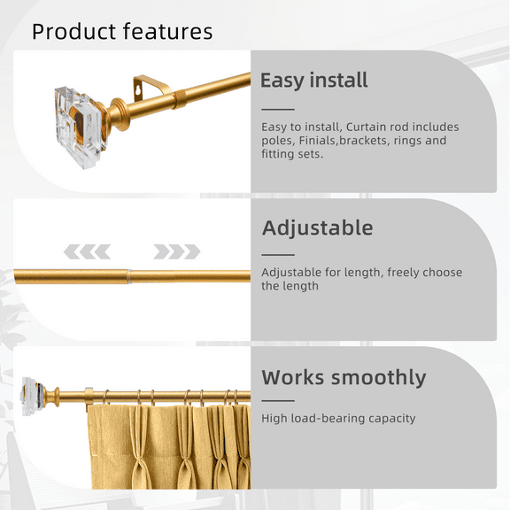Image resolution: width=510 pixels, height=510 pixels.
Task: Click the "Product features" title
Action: [122, 32]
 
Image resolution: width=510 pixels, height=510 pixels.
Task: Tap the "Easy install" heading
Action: [313, 81]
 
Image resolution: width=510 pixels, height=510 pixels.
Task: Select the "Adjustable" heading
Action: [317, 228]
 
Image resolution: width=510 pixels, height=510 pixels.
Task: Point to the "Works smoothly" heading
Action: [344, 377]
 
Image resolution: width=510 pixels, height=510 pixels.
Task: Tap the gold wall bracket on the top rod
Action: [146, 89]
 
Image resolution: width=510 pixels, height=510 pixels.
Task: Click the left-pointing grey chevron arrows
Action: [88, 251]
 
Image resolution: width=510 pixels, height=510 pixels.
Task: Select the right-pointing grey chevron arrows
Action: [176, 251]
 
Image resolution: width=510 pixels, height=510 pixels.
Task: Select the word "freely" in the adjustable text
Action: [408, 273]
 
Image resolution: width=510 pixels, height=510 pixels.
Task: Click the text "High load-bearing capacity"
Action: [338, 418]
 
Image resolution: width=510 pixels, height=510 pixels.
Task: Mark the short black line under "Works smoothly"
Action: [277, 400]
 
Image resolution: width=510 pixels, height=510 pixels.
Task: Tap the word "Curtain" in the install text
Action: [367, 127]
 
